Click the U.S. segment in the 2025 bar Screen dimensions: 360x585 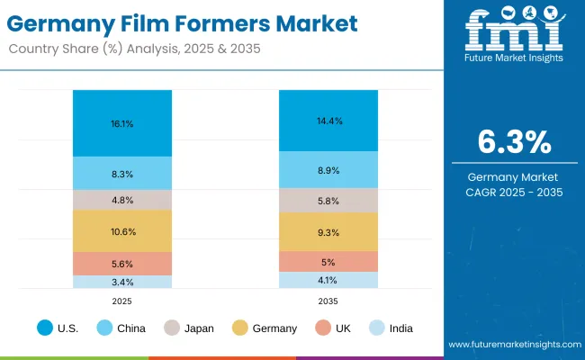click(122, 123)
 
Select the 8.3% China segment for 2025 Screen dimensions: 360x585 click(122, 173)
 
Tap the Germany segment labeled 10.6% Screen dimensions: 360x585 click(122, 231)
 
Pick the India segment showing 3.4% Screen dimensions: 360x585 click(122, 282)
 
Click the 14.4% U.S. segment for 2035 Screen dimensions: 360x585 click(328, 121)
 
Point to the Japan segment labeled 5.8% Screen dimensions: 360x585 click(328, 200)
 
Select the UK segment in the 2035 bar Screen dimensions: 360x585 click(328, 262)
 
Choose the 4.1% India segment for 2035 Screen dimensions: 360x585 click(328, 280)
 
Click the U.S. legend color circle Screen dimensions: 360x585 click(44, 328)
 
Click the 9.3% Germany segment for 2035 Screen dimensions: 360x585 click(328, 232)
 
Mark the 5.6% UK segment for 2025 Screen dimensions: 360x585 click(122, 264)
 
